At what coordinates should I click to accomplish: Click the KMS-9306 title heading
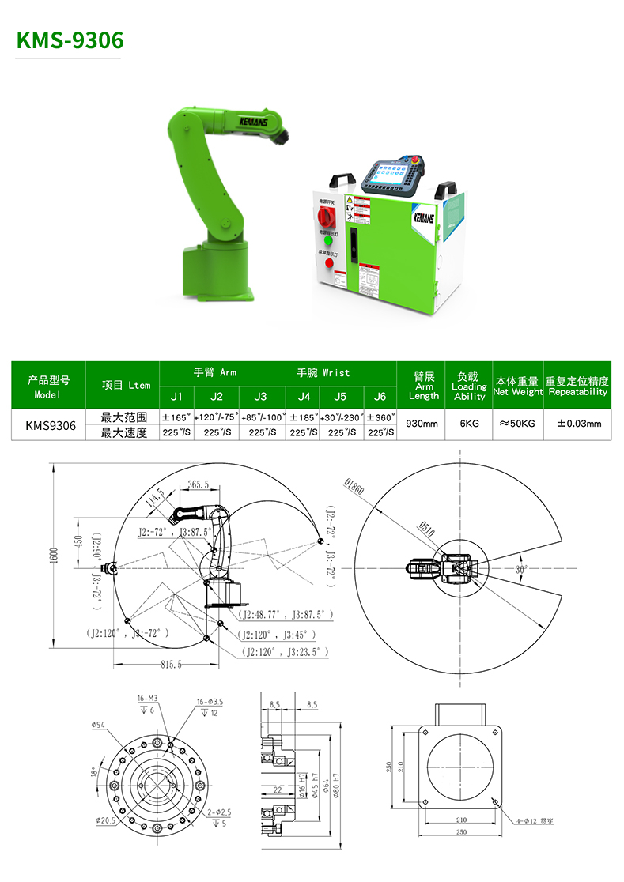(70, 39)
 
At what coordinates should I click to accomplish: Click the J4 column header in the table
(303, 396)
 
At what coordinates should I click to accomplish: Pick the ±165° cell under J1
(176, 416)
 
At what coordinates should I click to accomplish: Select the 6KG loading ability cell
(469, 424)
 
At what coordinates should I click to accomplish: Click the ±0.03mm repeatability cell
(579, 424)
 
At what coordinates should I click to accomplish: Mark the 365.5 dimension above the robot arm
(199, 484)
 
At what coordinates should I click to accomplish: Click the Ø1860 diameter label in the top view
(354, 488)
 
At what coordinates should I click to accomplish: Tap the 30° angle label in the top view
(522, 568)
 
